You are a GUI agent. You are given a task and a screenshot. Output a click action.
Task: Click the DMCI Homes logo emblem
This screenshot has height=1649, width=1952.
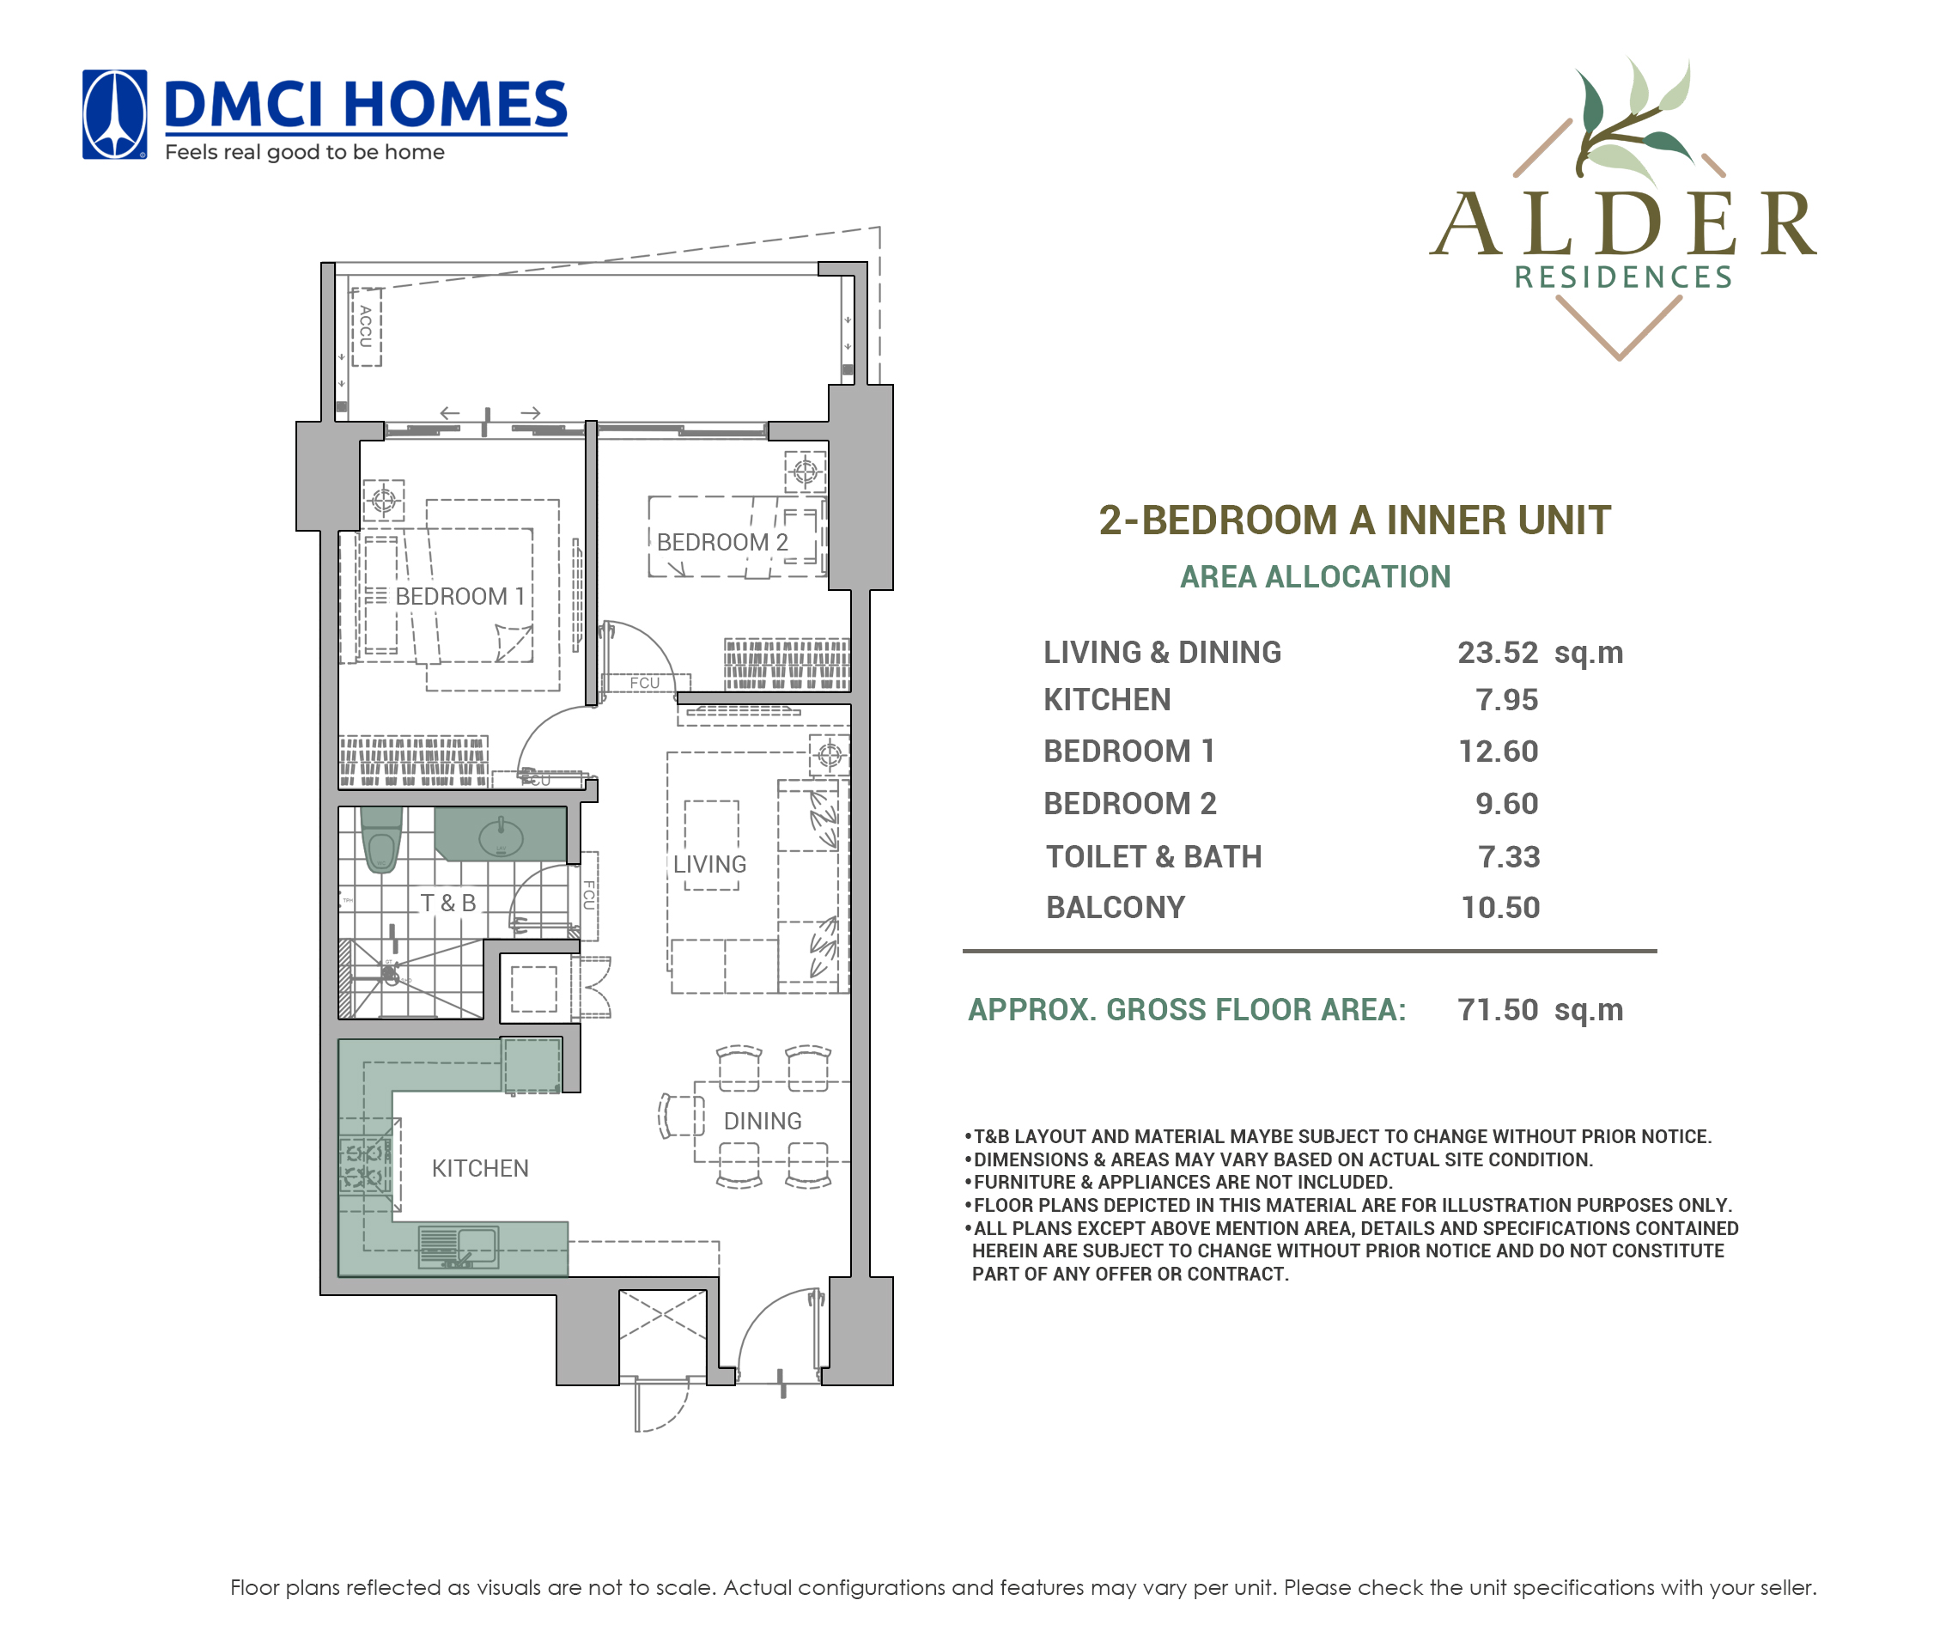tap(114, 114)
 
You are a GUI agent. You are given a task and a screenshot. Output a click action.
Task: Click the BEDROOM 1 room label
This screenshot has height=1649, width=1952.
tap(459, 596)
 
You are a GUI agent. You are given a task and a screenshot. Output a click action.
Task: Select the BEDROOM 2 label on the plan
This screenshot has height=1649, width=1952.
tap(721, 542)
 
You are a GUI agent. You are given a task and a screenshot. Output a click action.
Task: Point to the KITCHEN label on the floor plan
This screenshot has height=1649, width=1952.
tap(479, 1169)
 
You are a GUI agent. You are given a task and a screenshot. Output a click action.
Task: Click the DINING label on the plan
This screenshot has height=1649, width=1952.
tap(762, 1121)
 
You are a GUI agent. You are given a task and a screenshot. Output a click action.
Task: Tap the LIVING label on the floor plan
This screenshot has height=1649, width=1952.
tap(709, 865)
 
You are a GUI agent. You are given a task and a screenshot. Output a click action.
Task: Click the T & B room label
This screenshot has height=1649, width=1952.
tap(447, 903)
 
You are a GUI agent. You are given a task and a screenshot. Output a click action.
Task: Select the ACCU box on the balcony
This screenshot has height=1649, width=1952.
tap(367, 327)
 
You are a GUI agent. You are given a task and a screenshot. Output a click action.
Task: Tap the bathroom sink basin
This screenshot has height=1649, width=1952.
tap(501, 837)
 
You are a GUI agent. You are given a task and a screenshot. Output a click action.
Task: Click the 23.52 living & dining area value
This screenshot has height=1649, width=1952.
tap(1497, 653)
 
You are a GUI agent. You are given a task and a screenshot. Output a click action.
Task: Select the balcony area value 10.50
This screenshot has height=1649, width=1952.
tap(1500, 907)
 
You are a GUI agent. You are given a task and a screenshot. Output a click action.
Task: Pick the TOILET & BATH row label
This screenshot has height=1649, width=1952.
tap(1153, 856)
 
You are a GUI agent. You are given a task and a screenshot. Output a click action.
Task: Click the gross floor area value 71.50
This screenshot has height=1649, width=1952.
tap(1497, 1010)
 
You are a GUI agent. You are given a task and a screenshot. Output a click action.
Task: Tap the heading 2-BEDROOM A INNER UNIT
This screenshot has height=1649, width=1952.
tap(1354, 520)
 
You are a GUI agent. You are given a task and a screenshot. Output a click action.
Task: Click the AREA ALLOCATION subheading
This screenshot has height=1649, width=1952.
tap(1316, 577)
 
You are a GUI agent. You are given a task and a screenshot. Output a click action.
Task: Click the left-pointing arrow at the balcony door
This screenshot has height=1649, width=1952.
tap(450, 413)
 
